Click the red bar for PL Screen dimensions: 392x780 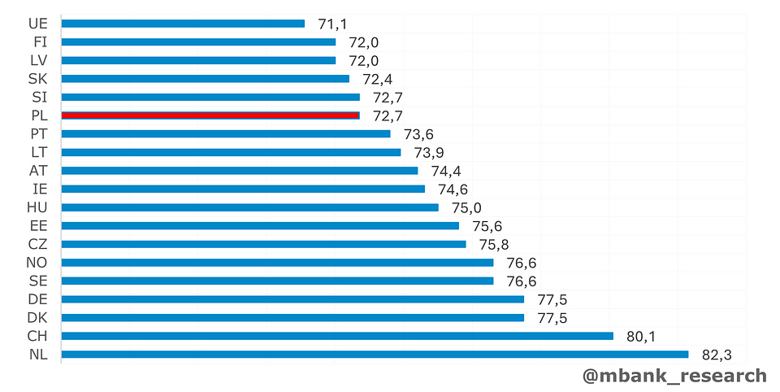tap(210, 115)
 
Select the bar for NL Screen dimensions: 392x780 tap(374, 354)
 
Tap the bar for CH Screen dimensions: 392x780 tap(336, 336)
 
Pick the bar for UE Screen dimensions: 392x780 tap(183, 24)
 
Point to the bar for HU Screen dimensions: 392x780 tap(249, 207)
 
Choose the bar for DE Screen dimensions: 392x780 tap(292, 299)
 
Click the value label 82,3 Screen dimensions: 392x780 tap(717, 355)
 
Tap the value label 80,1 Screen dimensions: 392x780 tap(642, 336)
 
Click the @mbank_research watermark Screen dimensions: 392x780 tap(674, 376)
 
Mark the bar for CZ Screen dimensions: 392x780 tap(263, 244)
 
